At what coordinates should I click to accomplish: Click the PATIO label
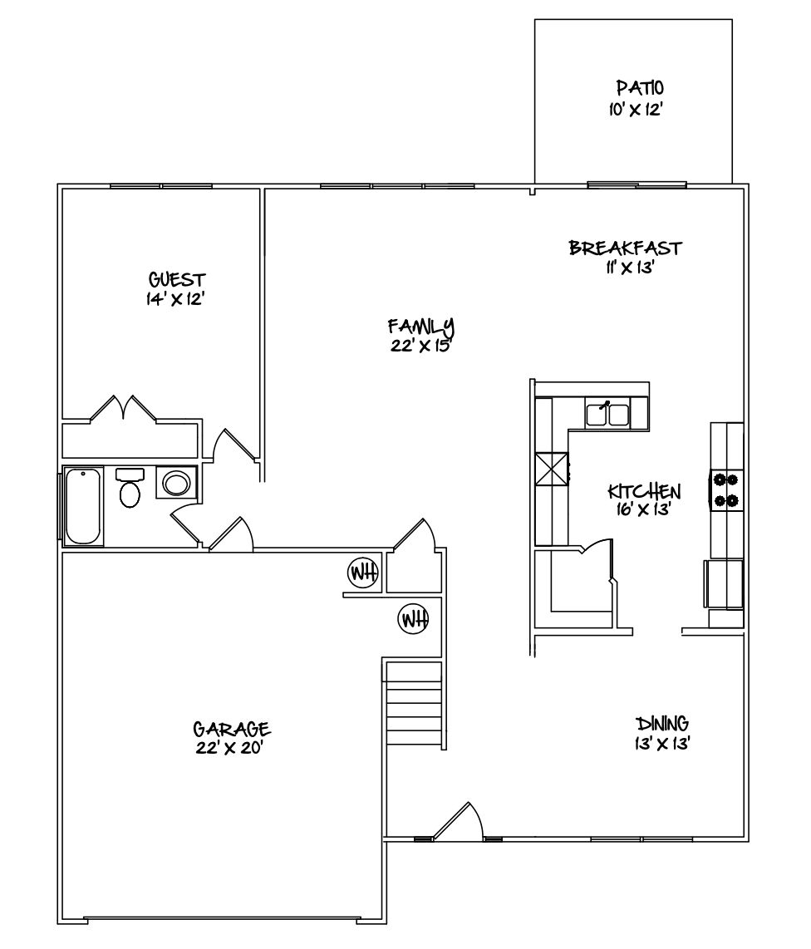(x=640, y=88)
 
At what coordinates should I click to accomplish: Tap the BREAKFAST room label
(x=625, y=248)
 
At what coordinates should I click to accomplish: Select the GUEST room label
(x=177, y=279)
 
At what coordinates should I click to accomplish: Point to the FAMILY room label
(x=420, y=327)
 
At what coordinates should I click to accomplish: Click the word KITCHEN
(x=644, y=491)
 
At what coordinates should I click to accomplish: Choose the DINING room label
(x=662, y=723)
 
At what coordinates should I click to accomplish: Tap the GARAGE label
(x=231, y=728)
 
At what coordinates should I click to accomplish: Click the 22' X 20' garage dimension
(x=230, y=748)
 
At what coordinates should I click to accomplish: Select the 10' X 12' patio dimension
(x=637, y=111)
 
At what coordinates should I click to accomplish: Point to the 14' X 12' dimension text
(x=174, y=299)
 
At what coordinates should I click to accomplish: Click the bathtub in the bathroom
(x=83, y=506)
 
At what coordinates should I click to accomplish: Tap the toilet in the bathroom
(x=130, y=487)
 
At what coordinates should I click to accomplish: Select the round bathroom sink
(x=176, y=483)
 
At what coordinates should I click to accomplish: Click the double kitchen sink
(x=607, y=414)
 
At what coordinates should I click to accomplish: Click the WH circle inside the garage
(x=413, y=618)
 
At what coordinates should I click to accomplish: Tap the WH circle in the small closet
(x=363, y=572)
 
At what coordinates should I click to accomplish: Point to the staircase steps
(x=414, y=705)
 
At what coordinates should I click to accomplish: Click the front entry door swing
(x=458, y=821)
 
